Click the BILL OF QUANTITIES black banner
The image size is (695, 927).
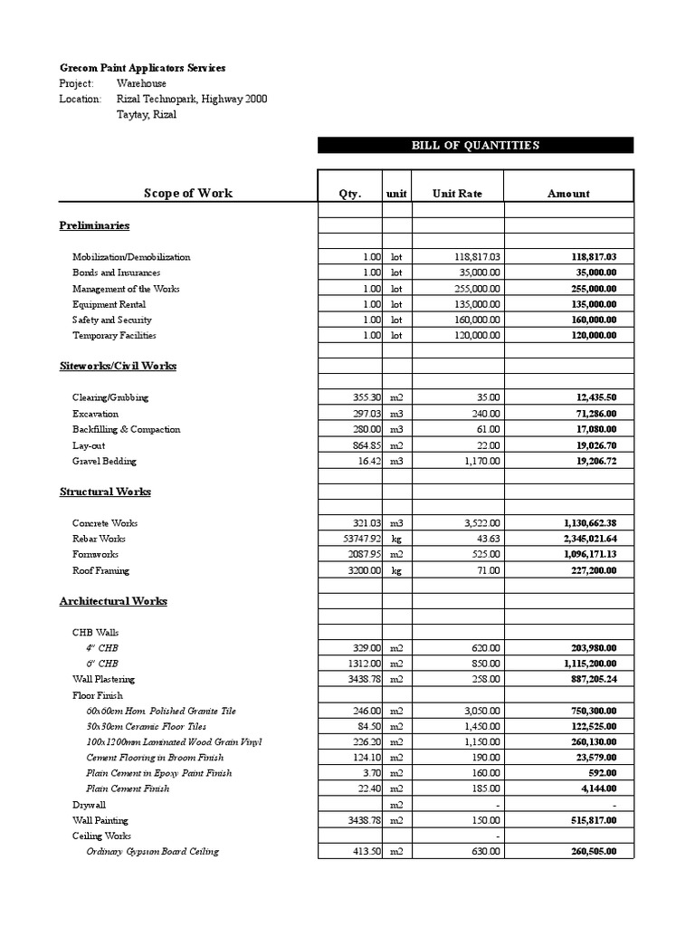click(x=475, y=145)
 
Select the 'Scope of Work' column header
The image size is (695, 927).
click(x=188, y=193)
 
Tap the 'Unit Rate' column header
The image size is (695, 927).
click(x=457, y=194)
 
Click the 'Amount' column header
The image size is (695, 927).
click(x=568, y=194)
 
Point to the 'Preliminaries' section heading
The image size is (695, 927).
click(x=94, y=225)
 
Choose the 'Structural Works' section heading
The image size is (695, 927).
click(x=105, y=492)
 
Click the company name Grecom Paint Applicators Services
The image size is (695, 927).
click(x=143, y=68)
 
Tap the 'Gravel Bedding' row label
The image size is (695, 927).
click(x=104, y=461)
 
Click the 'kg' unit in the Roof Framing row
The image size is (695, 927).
click(x=396, y=570)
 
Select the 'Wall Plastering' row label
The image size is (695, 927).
click(x=103, y=679)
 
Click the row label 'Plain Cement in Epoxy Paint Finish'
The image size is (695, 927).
click(x=158, y=773)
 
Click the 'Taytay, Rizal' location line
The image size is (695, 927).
click(x=147, y=115)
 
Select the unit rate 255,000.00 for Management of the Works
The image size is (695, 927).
click(x=477, y=289)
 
